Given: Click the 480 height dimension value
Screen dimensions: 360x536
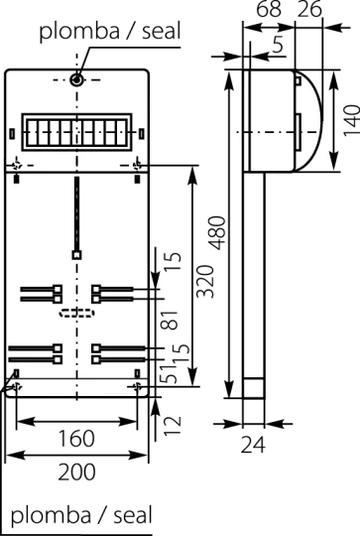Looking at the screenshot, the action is [x=217, y=233].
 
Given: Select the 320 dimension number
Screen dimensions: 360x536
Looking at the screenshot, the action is [x=205, y=281].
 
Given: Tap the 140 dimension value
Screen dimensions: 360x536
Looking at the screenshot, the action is [x=351, y=121].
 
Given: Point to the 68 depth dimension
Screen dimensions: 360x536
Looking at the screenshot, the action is [x=269, y=9].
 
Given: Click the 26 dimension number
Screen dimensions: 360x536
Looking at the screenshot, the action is [x=309, y=9].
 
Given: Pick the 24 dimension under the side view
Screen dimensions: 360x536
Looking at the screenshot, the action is [x=253, y=445].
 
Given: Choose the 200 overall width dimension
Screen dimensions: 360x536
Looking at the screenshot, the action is [x=76, y=472].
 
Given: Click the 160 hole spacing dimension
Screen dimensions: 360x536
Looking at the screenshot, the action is [x=76, y=439].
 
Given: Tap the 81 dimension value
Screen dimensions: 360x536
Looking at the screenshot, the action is [x=170, y=320].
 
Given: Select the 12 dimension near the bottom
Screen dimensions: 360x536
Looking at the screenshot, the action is [x=173, y=425].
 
